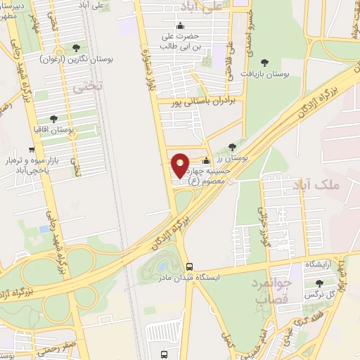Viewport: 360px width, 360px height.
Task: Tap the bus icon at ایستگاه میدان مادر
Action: [x=189, y=266]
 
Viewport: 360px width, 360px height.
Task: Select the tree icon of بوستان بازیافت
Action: [x=264, y=63]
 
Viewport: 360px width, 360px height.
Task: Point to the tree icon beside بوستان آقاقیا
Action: [x=55, y=119]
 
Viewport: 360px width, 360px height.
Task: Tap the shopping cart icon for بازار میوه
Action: [x=32, y=150]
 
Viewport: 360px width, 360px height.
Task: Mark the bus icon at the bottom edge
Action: [x=164, y=354]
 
